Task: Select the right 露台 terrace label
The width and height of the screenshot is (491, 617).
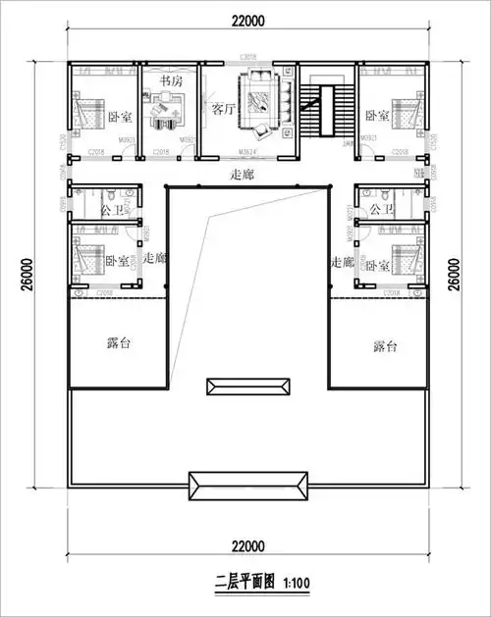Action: tap(385, 346)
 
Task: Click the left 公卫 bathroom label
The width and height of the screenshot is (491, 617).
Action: tap(113, 210)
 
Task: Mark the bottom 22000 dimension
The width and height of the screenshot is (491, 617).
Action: tap(245, 545)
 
